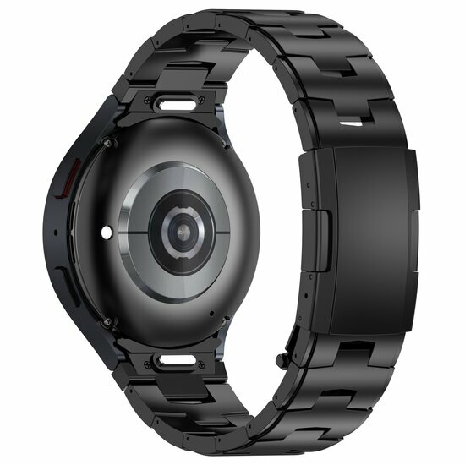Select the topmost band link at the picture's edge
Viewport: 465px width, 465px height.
(x=254, y=14)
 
